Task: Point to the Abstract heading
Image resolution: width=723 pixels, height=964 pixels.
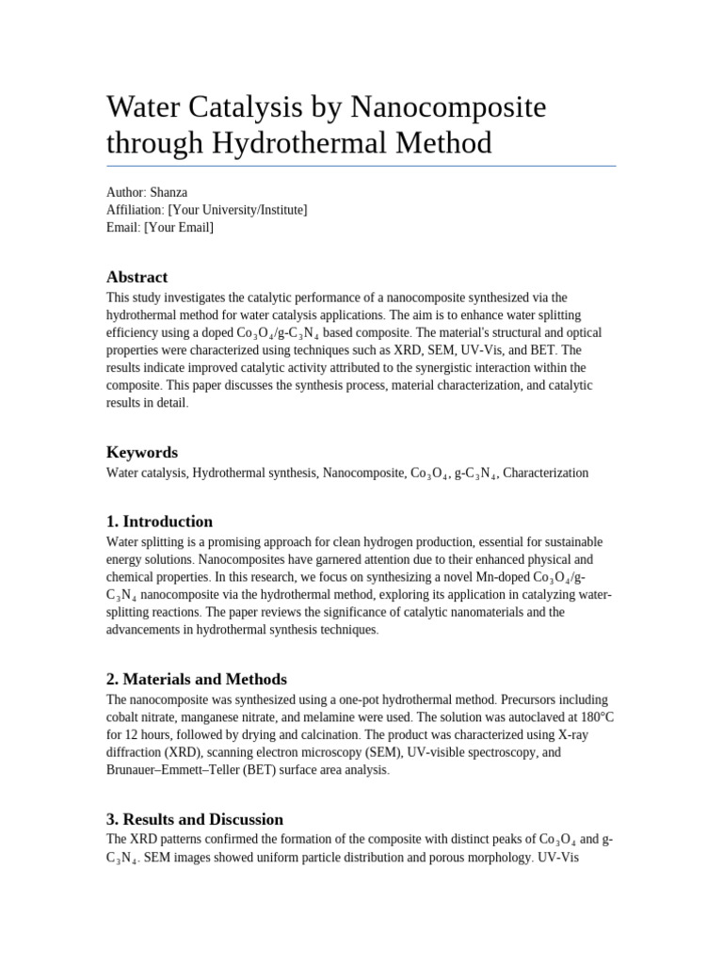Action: pos(137,277)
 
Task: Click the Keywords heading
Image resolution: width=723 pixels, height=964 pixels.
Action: pos(142,452)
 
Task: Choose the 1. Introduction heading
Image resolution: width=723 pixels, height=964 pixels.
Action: pos(159,522)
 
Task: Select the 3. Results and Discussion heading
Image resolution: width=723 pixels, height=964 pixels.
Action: pos(194,819)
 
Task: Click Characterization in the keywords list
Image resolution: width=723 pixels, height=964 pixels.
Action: pos(546,474)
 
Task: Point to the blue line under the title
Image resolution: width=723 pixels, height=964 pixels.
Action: pos(361,167)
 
